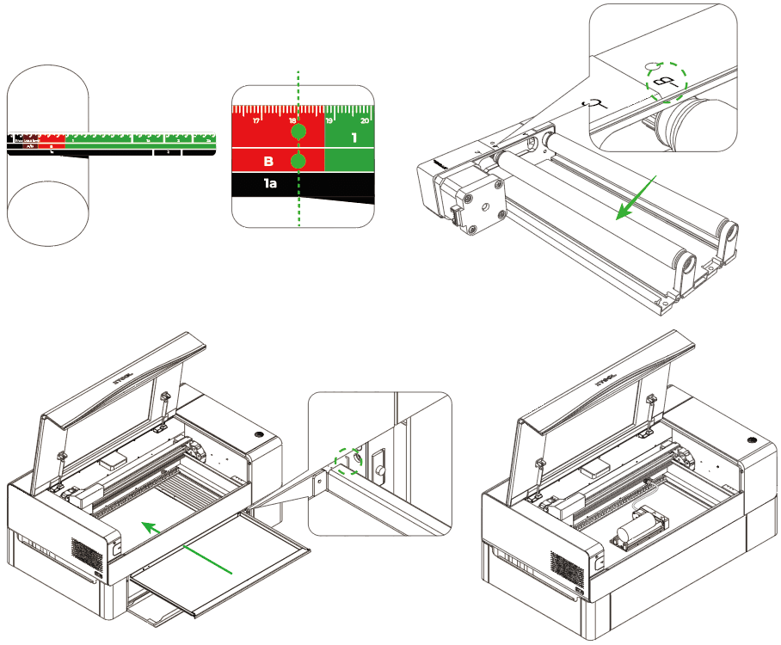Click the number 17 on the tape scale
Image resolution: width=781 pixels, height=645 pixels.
[x=256, y=120]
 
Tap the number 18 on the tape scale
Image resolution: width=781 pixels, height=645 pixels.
[x=292, y=120]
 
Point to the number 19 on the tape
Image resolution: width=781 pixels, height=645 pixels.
[x=329, y=120]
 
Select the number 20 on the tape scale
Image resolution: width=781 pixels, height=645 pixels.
[x=365, y=120]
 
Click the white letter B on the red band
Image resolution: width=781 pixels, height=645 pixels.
[x=268, y=161]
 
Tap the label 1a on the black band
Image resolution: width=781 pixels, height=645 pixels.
[x=270, y=183]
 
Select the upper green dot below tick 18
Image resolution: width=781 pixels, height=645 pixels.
[x=298, y=133]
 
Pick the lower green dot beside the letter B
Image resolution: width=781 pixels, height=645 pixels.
[x=298, y=162]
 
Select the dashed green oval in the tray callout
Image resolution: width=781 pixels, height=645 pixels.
[x=348, y=461]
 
